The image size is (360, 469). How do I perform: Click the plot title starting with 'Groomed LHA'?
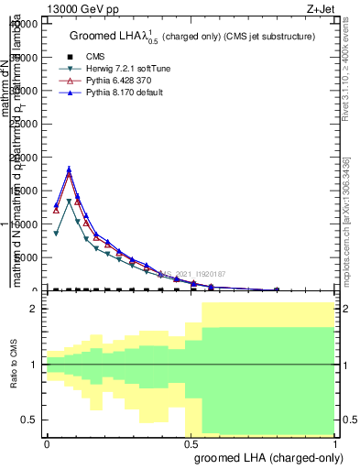(x=192, y=37)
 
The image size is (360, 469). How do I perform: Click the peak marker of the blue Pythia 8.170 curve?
(x=70, y=169)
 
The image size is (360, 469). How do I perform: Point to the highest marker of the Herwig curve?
(x=70, y=202)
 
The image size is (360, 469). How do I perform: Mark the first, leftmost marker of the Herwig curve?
(x=56, y=234)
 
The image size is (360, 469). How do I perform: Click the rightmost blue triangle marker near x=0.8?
(x=278, y=289)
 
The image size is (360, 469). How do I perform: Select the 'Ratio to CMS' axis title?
(x=15, y=365)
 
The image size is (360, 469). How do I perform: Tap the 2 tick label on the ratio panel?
(x=35, y=310)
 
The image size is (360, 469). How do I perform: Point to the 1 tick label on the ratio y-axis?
(x=35, y=365)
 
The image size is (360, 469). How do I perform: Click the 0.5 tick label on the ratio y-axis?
(x=30, y=420)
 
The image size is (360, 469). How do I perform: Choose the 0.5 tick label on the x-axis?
(x=191, y=442)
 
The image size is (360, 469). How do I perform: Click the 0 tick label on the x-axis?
(x=46, y=442)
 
